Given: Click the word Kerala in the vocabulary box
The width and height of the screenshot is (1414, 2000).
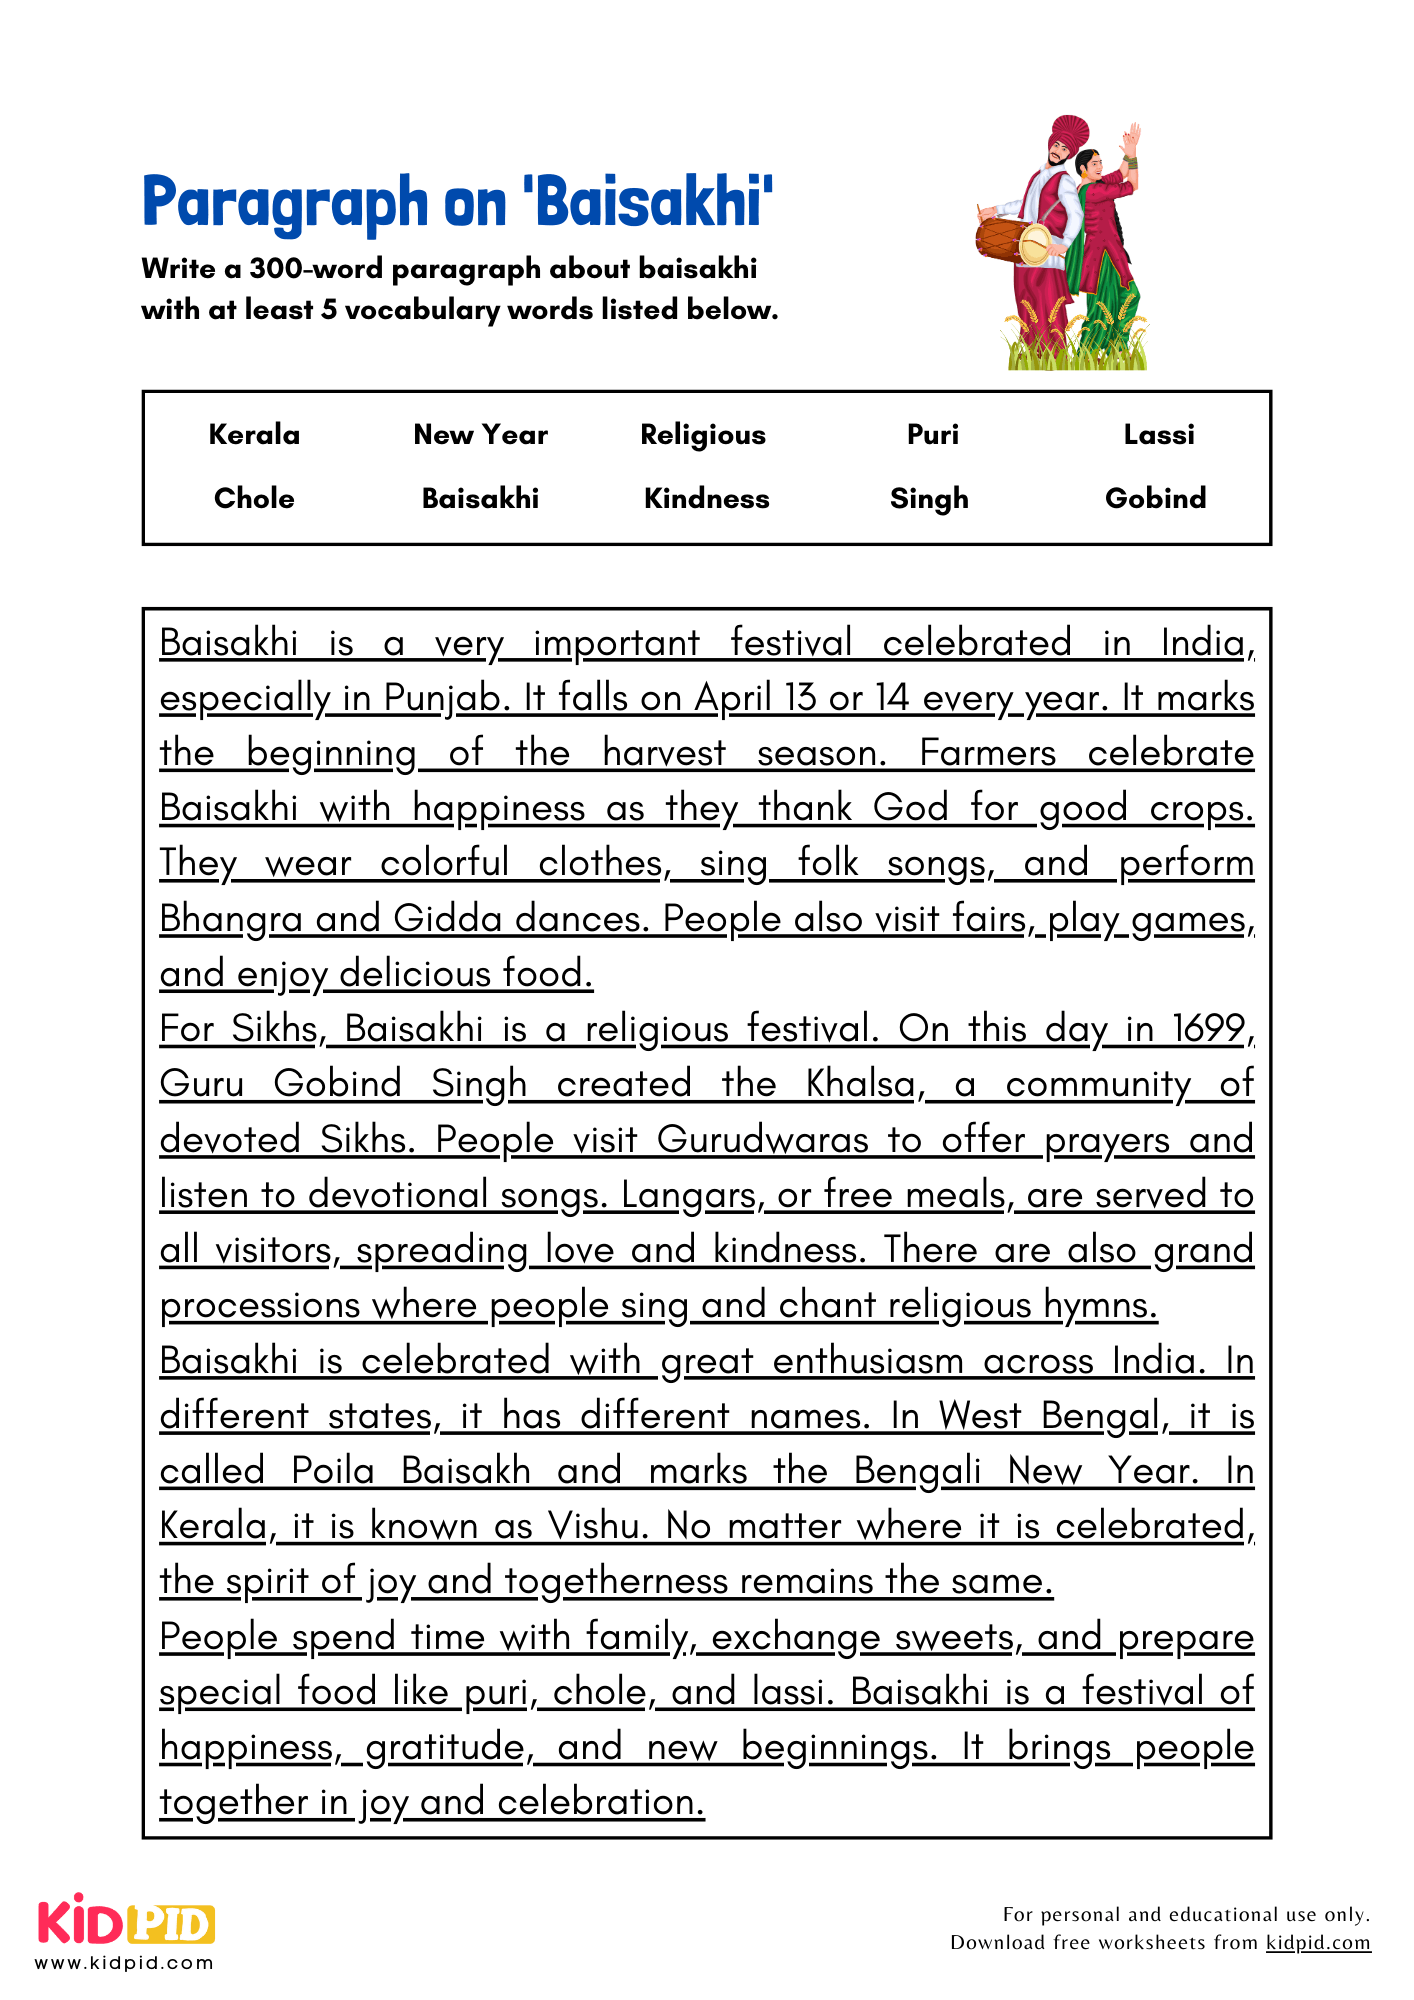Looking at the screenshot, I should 254,435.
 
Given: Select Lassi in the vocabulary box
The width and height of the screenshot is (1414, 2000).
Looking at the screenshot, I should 1158,435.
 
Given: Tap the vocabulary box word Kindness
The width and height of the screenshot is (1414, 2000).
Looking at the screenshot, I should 706,499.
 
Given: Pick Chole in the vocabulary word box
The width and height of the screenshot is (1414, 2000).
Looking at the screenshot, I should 254,499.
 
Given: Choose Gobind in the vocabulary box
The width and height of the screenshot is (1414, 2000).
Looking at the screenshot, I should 1155,499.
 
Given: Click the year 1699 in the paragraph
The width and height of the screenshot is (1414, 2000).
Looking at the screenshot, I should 1209,1029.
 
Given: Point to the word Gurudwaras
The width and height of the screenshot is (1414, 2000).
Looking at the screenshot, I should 763,1140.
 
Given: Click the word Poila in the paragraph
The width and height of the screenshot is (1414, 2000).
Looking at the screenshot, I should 333,1472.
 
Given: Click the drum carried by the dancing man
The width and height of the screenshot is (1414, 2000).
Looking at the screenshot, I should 1012,241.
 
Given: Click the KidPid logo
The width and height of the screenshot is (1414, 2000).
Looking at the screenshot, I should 126,1921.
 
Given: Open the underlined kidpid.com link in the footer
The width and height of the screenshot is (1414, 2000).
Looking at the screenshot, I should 1318,1942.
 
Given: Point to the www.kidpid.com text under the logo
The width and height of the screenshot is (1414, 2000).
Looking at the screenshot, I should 125,1963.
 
